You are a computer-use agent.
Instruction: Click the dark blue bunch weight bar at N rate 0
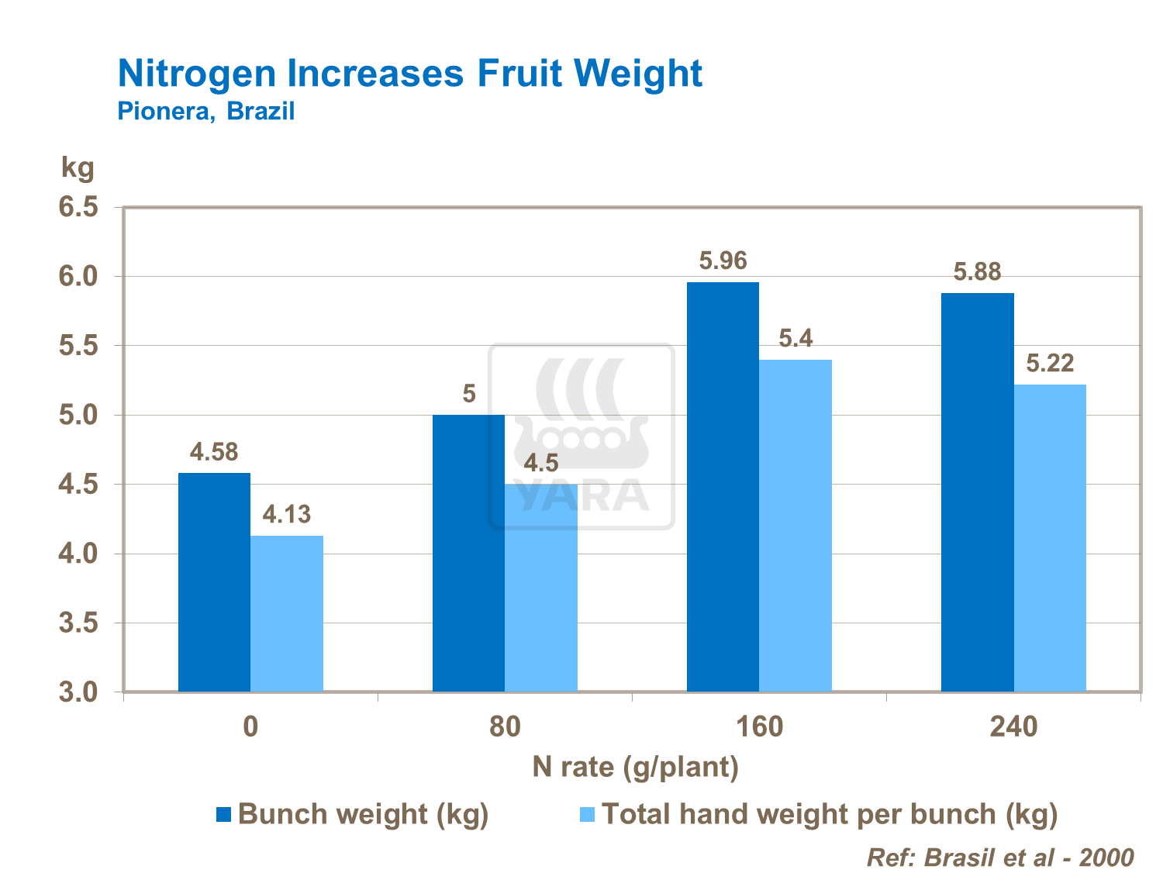[214, 581]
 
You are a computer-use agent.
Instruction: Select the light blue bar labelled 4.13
[287, 612]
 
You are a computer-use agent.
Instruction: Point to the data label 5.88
[977, 272]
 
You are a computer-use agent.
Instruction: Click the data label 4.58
[214, 452]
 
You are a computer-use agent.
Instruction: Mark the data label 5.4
[795, 339]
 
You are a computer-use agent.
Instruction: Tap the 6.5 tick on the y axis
[78, 207]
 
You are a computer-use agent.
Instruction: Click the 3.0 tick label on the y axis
[78, 692]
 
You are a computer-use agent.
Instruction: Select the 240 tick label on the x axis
[1013, 727]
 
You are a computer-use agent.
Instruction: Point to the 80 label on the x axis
[505, 727]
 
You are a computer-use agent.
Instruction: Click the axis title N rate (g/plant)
[635, 767]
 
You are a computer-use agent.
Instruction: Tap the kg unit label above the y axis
[78, 167]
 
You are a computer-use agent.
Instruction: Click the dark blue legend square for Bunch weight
[224, 815]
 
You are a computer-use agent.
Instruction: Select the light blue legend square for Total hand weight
[587, 815]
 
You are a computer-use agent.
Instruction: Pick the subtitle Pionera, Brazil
[206, 112]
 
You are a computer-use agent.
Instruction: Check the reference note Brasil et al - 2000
[1000, 857]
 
